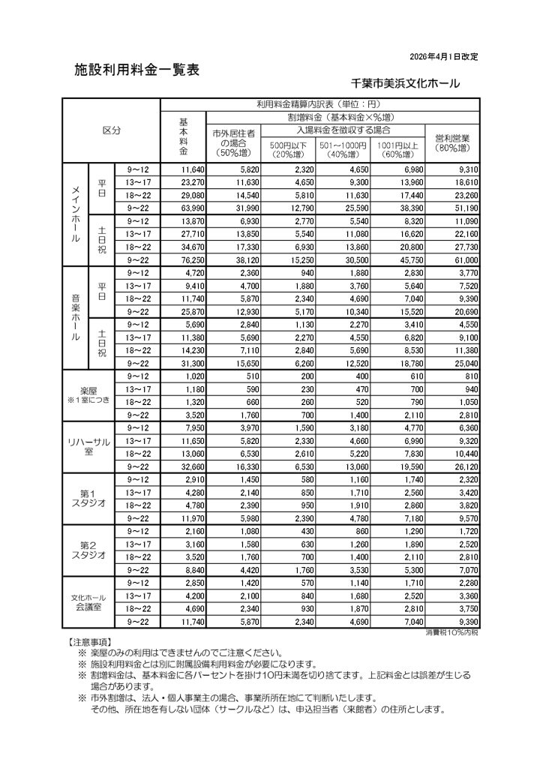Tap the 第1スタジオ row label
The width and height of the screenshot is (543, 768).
(89, 498)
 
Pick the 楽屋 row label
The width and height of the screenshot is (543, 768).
(89, 395)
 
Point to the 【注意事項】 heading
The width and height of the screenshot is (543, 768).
(89, 643)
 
